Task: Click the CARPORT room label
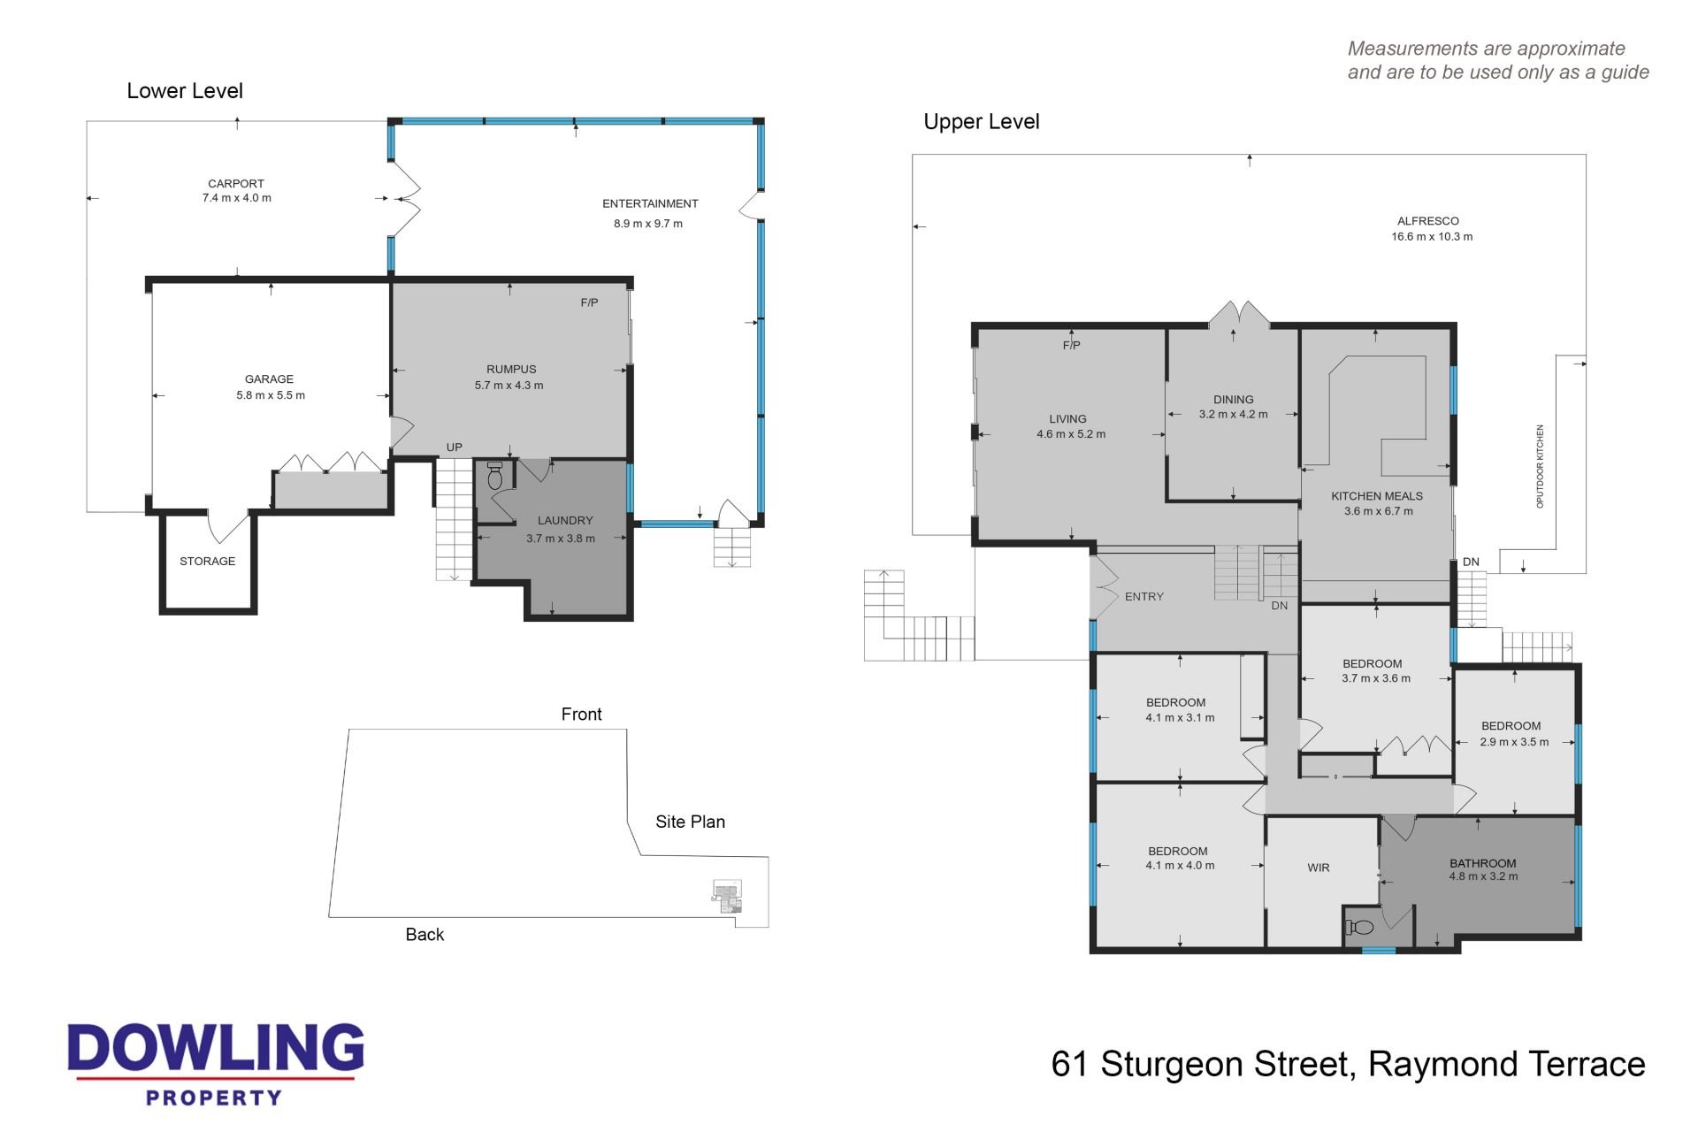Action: click(236, 184)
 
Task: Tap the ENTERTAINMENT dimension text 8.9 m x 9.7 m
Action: click(648, 224)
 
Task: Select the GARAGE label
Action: click(270, 379)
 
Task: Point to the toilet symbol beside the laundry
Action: click(495, 477)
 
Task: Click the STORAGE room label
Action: click(208, 562)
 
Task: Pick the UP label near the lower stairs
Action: click(455, 447)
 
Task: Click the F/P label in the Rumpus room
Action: click(590, 302)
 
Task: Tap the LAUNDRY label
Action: click(565, 521)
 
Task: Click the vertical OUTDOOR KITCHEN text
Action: click(1540, 466)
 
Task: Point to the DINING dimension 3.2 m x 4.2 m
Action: click(1234, 414)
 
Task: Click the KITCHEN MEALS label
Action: click(1377, 496)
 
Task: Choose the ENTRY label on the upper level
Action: click(1144, 597)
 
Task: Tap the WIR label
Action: click(1319, 868)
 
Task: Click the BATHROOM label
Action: click(1483, 863)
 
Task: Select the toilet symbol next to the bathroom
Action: click(1360, 928)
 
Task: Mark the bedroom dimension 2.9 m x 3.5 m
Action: click(1515, 742)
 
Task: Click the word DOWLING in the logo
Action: click(216, 1048)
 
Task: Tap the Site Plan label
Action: click(691, 822)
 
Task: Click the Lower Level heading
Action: click(185, 91)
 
